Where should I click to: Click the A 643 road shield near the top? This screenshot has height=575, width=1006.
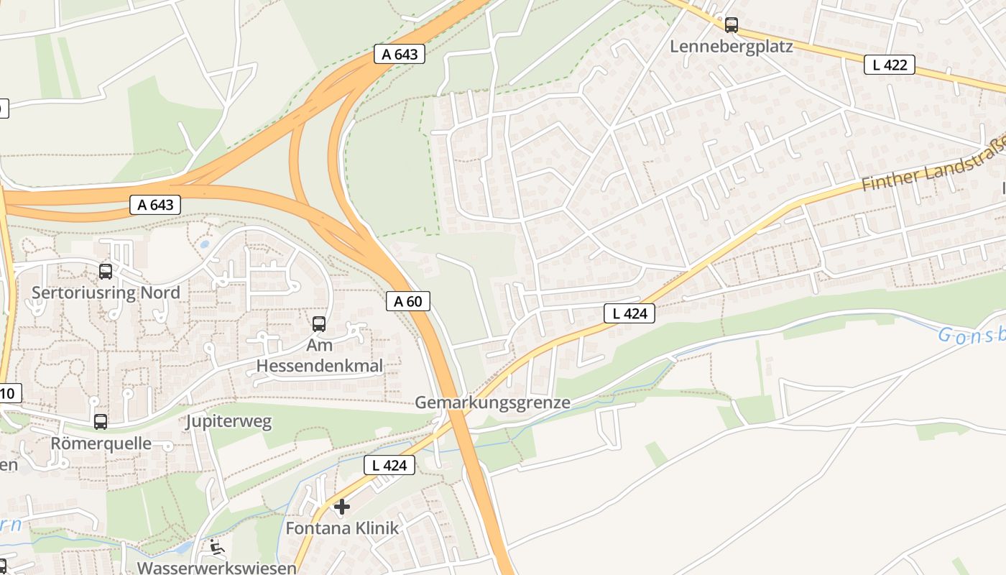400,54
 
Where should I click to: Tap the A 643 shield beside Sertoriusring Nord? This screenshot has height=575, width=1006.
155,205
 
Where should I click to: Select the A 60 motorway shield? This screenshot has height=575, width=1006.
407,301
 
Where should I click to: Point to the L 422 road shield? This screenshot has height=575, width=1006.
889,65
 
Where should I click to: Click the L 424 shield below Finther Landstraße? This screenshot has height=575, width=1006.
629,313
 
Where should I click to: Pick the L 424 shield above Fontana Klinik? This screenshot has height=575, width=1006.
389,465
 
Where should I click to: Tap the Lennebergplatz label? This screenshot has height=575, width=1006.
731,47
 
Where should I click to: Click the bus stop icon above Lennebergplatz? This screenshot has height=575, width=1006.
731,25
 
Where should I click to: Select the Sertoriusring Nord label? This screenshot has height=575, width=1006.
106,293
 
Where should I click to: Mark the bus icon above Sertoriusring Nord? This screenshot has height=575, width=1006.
106,272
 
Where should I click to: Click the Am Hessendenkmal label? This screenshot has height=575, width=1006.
319,356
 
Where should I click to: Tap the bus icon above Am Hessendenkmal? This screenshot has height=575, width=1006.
319,324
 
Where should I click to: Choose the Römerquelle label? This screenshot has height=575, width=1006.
101,443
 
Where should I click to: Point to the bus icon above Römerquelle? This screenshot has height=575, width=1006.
101,422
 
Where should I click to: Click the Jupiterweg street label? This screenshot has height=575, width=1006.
229,421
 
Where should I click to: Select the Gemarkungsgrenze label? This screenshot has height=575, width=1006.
492,402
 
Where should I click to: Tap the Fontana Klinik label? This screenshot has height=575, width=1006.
341,528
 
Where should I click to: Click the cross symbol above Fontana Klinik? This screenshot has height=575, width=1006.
342,507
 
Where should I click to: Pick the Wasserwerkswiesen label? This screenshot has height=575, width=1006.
216,568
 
